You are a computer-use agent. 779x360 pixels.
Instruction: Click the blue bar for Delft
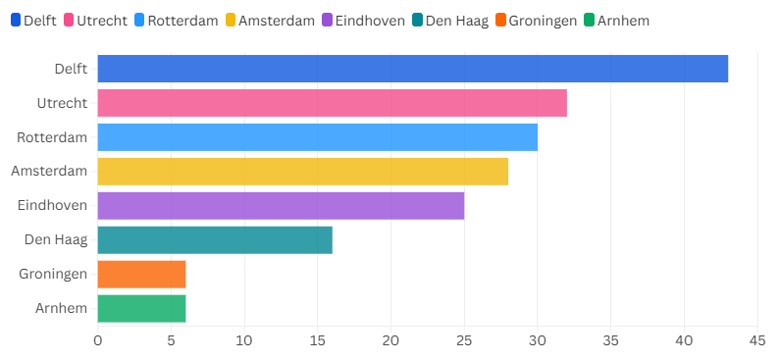[x=412, y=69]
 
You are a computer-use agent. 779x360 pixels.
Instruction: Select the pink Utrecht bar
[x=332, y=103]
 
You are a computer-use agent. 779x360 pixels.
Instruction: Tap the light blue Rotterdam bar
[x=317, y=137]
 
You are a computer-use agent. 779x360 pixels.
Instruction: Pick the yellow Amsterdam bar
[x=302, y=172]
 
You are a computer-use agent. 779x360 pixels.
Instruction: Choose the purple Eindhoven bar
[x=281, y=206]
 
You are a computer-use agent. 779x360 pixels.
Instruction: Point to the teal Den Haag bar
[x=215, y=240]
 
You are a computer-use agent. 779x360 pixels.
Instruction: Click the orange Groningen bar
[x=141, y=275]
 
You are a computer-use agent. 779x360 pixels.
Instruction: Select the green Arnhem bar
[x=141, y=309]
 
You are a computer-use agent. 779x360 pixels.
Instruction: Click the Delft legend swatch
[x=16, y=20]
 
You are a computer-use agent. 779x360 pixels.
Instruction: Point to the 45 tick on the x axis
[x=756, y=341]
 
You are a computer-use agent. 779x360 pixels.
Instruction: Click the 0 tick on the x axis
[x=97, y=341]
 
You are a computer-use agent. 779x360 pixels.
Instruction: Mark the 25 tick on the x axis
[x=464, y=341]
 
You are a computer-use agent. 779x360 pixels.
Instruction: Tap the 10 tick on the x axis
[x=244, y=341]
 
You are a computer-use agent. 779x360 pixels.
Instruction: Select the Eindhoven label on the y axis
[x=53, y=206]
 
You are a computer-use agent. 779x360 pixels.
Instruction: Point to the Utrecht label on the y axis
[x=62, y=103]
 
